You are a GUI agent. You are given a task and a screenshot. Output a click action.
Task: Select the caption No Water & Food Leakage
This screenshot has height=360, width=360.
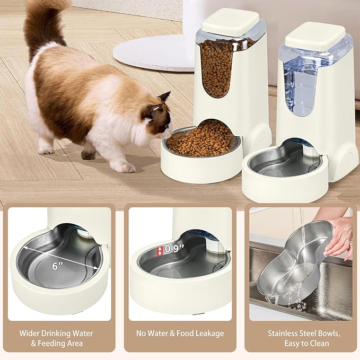(180, 333)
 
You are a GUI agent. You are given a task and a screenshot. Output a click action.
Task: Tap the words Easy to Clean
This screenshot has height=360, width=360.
(300, 343)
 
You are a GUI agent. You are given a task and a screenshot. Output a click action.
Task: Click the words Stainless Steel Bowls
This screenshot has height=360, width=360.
(300, 333)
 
